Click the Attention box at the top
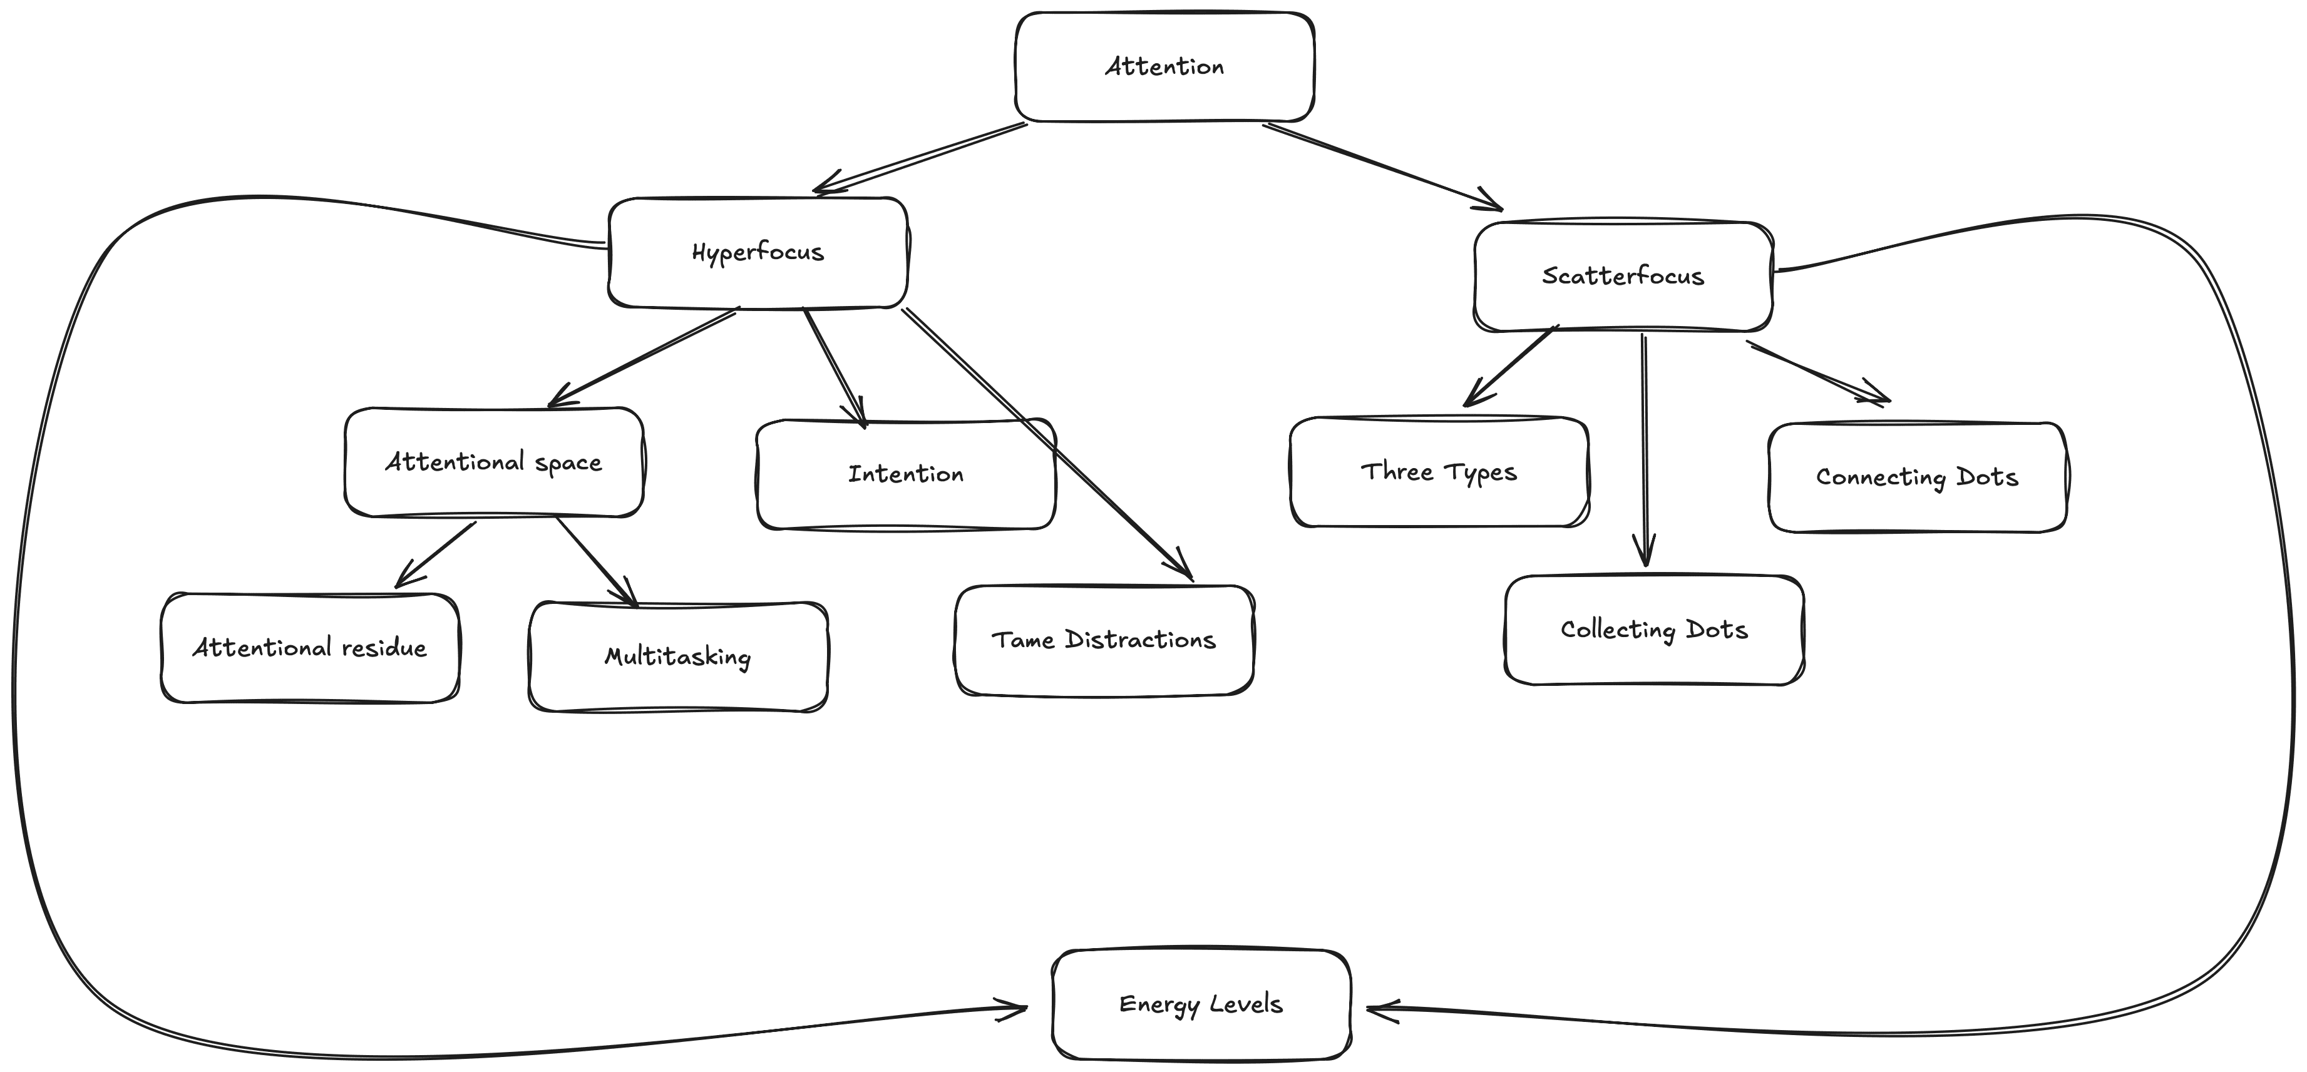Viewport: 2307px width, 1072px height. click(x=1164, y=66)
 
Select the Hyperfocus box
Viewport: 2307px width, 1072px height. click(x=758, y=253)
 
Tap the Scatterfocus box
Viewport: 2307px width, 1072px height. click(x=1623, y=276)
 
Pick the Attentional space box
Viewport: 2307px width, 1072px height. click(x=493, y=462)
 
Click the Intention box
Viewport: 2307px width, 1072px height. click(x=905, y=474)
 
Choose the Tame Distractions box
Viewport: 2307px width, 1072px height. click(x=1103, y=640)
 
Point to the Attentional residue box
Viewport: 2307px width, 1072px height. click(x=310, y=648)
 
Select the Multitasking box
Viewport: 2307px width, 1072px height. click(x=678, y=656)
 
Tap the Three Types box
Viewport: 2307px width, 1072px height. click(x=1439, y=471)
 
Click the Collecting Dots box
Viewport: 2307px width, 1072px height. click(x=1654, y=630)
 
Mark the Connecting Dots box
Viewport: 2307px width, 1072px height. click(x=1918, y=477)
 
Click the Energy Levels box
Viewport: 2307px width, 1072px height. click(x=1201, y=1004)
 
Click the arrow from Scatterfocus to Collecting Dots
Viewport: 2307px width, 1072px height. click(x=1644, y=448)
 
